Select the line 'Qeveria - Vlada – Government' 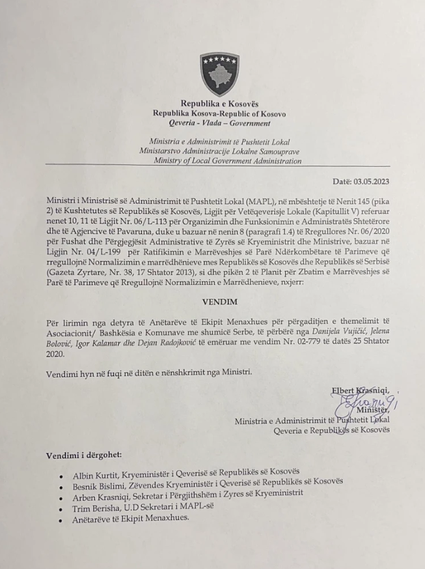pyautogui.click(x=219, y=123)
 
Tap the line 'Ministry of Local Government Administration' pyautogui.click(x=228, y=161)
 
